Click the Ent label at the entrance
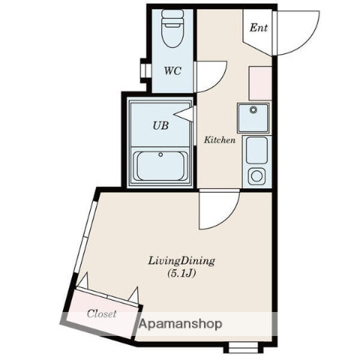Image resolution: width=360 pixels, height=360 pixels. [x=259, y=28]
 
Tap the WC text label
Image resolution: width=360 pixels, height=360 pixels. [x=173, y=73]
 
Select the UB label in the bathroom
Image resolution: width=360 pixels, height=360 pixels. [x=160, y=125]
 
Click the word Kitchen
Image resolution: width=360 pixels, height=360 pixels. [x=220, y=140]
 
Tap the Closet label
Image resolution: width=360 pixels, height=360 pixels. [x=101, y=314]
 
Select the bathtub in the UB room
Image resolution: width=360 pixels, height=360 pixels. [x=160, y=165]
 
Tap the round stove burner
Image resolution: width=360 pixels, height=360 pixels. [x=257, y=177]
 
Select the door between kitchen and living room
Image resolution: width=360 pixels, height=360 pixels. [x=217, y=210]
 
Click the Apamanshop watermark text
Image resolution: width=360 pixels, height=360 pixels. [x=180, y=325]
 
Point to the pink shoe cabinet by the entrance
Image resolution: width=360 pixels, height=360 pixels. [x=259, y=82]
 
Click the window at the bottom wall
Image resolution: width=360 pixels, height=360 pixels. [x=244, y=346]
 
